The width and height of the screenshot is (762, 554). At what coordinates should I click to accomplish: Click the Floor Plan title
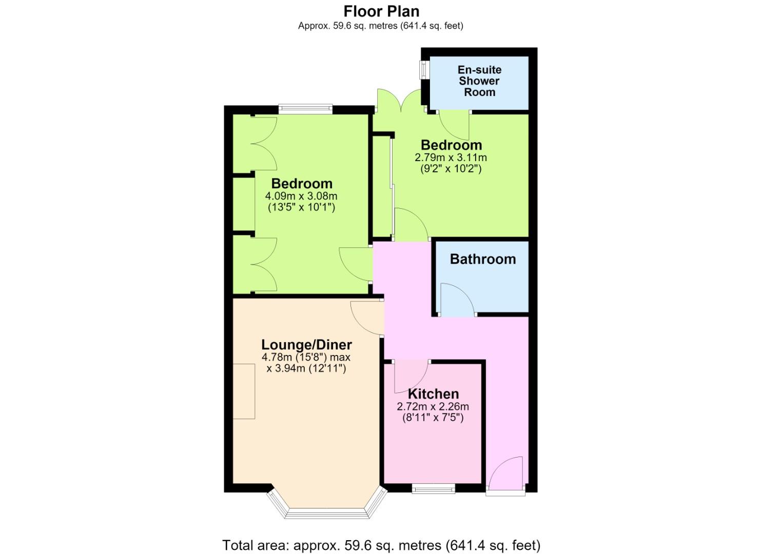click(x=381, y=11)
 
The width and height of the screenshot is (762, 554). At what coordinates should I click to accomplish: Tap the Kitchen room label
click(x=434, y=394)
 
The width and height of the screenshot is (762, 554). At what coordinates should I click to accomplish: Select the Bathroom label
click(x=483, y=259)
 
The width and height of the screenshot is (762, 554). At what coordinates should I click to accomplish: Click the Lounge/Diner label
click(x=306, y=345)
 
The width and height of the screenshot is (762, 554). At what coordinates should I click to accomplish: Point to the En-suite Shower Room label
click(x=479, y=81)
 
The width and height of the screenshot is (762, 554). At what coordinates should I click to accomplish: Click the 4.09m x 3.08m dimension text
click(x=301, y=196)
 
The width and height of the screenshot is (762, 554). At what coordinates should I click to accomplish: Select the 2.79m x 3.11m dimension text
click(x=451, y=158)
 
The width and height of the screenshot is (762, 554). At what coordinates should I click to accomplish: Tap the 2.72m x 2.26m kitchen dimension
click(x=433, y=406)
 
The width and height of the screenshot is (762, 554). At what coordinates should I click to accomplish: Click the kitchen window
click(x=434, y=489)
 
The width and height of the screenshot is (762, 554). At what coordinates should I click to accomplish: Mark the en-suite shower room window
click(x=424, y=70)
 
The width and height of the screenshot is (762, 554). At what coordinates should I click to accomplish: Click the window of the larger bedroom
click(x=305, y=109)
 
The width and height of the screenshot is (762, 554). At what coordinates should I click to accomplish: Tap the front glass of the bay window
click(x=326, y=513)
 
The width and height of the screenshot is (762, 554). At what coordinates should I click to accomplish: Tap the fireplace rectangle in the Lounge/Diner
click(x=244, y=391)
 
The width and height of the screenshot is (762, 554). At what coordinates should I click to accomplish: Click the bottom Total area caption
click(x=381, y=545)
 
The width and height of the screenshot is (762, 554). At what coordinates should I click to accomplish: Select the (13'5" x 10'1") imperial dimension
click(x=301, y=207)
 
